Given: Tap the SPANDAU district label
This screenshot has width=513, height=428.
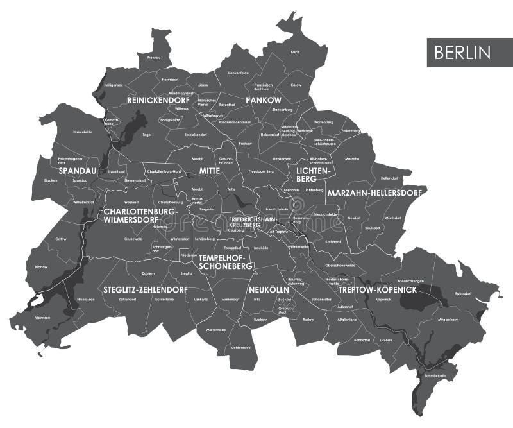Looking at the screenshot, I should [x=78, y=171].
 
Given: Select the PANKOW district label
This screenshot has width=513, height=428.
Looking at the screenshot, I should [x=264, y=101].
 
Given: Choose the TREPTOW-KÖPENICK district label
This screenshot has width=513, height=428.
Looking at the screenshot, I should [x=378, y=290].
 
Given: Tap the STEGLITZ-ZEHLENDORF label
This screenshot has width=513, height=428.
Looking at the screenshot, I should [x=145, y=290].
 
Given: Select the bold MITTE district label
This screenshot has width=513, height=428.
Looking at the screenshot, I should [x=209, y=171].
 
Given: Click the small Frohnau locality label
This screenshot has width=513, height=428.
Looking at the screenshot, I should [x=153, y=57].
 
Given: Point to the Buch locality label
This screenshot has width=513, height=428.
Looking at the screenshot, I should [x=295, y=51].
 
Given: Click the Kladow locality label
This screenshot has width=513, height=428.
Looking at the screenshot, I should [x=41, y=266].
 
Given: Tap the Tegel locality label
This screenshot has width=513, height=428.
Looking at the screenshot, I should [x=147, y=135].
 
